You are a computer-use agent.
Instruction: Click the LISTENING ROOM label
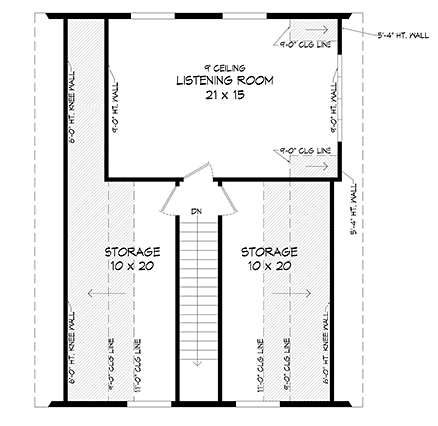click(x=224, y=80)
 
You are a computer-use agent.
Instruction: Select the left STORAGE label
click(x=131, y=252)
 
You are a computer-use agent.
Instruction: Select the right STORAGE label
click(x=269, y=252)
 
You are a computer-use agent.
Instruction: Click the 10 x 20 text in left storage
click(x=131, y=267)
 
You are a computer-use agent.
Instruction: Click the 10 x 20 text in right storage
click(x=269, y=267)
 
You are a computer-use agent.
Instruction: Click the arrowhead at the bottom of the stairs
click(x=199, y=362)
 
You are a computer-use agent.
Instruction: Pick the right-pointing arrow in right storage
click(x=301, y=293)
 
